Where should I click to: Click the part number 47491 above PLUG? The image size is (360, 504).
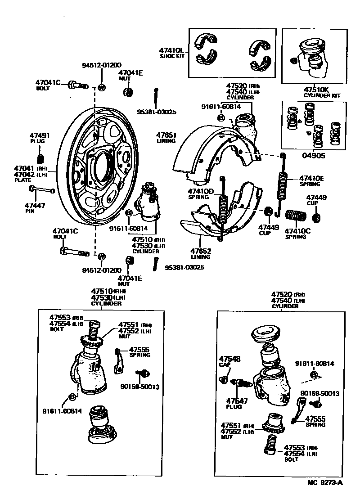pos(40,135)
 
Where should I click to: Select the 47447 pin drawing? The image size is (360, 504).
pos(42,189)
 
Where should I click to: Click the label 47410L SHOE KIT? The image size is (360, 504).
pos(172,53)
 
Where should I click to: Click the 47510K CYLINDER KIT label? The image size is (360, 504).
pos(322,92)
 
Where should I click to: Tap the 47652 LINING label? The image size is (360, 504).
pos(200,254)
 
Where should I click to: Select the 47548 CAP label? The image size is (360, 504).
pos(229,362)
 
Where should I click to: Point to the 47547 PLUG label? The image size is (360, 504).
pos(234,403)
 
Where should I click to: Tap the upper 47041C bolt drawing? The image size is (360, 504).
pos(77,85)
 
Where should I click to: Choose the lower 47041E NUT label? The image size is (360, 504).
pos(130,281)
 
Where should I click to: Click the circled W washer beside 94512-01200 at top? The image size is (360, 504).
pos(101,87)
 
